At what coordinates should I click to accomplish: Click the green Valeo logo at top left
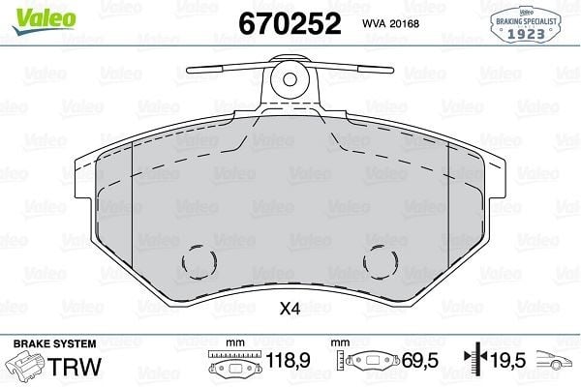pyautogui.click(x=44, y=21)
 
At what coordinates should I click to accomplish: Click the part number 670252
pyautogui.click(x=290, y=23)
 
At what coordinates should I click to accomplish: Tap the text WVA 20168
pyautogui.click(x=390, y=23)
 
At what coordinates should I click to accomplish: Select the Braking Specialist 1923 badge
pyautogui.click(x=526, y=23)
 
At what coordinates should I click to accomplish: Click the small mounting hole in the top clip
pyautogui.click(x=290, y=79)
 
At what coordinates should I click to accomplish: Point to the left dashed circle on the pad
pyautogui.click(x=199, y=262)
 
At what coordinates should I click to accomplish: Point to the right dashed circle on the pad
pyautogui.click(x=381, y=262)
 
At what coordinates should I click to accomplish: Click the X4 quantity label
pyautogui.click(x=290, y=309)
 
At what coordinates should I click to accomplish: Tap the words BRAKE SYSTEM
pyautogui.click(x=54, y=343)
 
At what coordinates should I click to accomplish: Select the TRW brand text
pyautogui.click(x=75, y=367)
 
